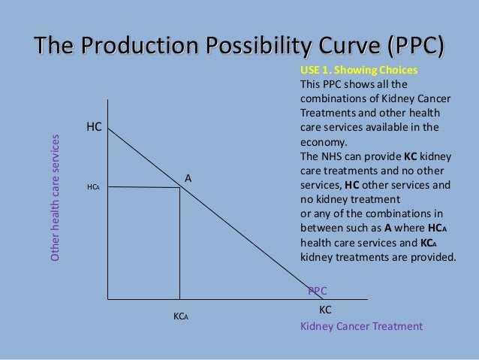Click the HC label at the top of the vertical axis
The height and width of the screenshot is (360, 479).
pyautogui.click(x=94, y=127)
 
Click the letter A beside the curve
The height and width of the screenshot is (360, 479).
pyautogui.click(x=188, y=178)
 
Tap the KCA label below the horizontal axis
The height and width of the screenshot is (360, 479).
pyautogui.click(x=180, y=316)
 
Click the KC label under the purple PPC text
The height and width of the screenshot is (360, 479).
pyautogui.click(x=325, y=309)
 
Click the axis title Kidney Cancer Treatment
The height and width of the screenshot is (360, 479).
pyautogui.click(x=361, y=326)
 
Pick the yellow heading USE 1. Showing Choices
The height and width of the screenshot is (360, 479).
pyautogui.click(x=358, y=71)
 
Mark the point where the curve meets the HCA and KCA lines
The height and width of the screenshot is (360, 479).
pyautogui.click(x=179, y=187)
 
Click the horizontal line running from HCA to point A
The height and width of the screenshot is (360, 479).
pyautogui.click(x=143, y=187)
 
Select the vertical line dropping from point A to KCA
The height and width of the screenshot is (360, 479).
pyautogui.click(x=179, y=244)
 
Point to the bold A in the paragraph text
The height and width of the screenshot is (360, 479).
pyautogui.click(x=389, y=228)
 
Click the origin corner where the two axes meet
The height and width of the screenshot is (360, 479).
pyautogui.click(x=108, y=299)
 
